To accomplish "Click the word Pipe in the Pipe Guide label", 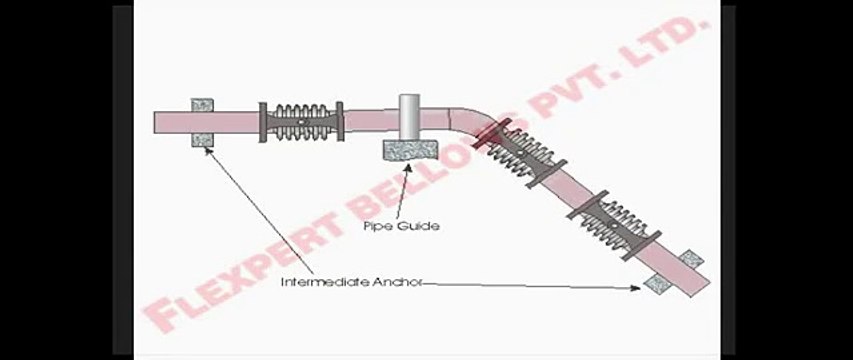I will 375,226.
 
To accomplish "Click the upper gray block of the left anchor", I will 203,104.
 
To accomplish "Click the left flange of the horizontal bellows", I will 263,123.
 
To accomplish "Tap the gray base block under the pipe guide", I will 411,151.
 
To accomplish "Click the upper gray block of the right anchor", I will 690,259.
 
